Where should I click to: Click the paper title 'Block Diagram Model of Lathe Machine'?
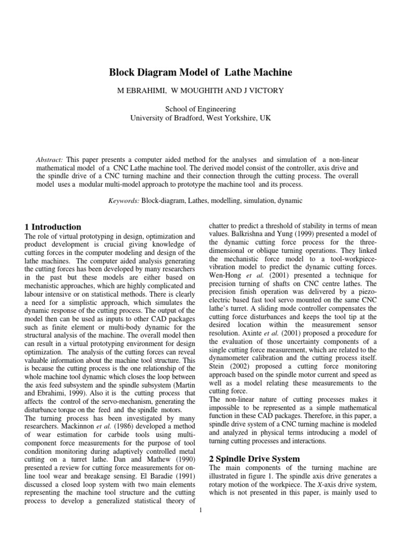200,72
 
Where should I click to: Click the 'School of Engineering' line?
200,109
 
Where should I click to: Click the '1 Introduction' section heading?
53,227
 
